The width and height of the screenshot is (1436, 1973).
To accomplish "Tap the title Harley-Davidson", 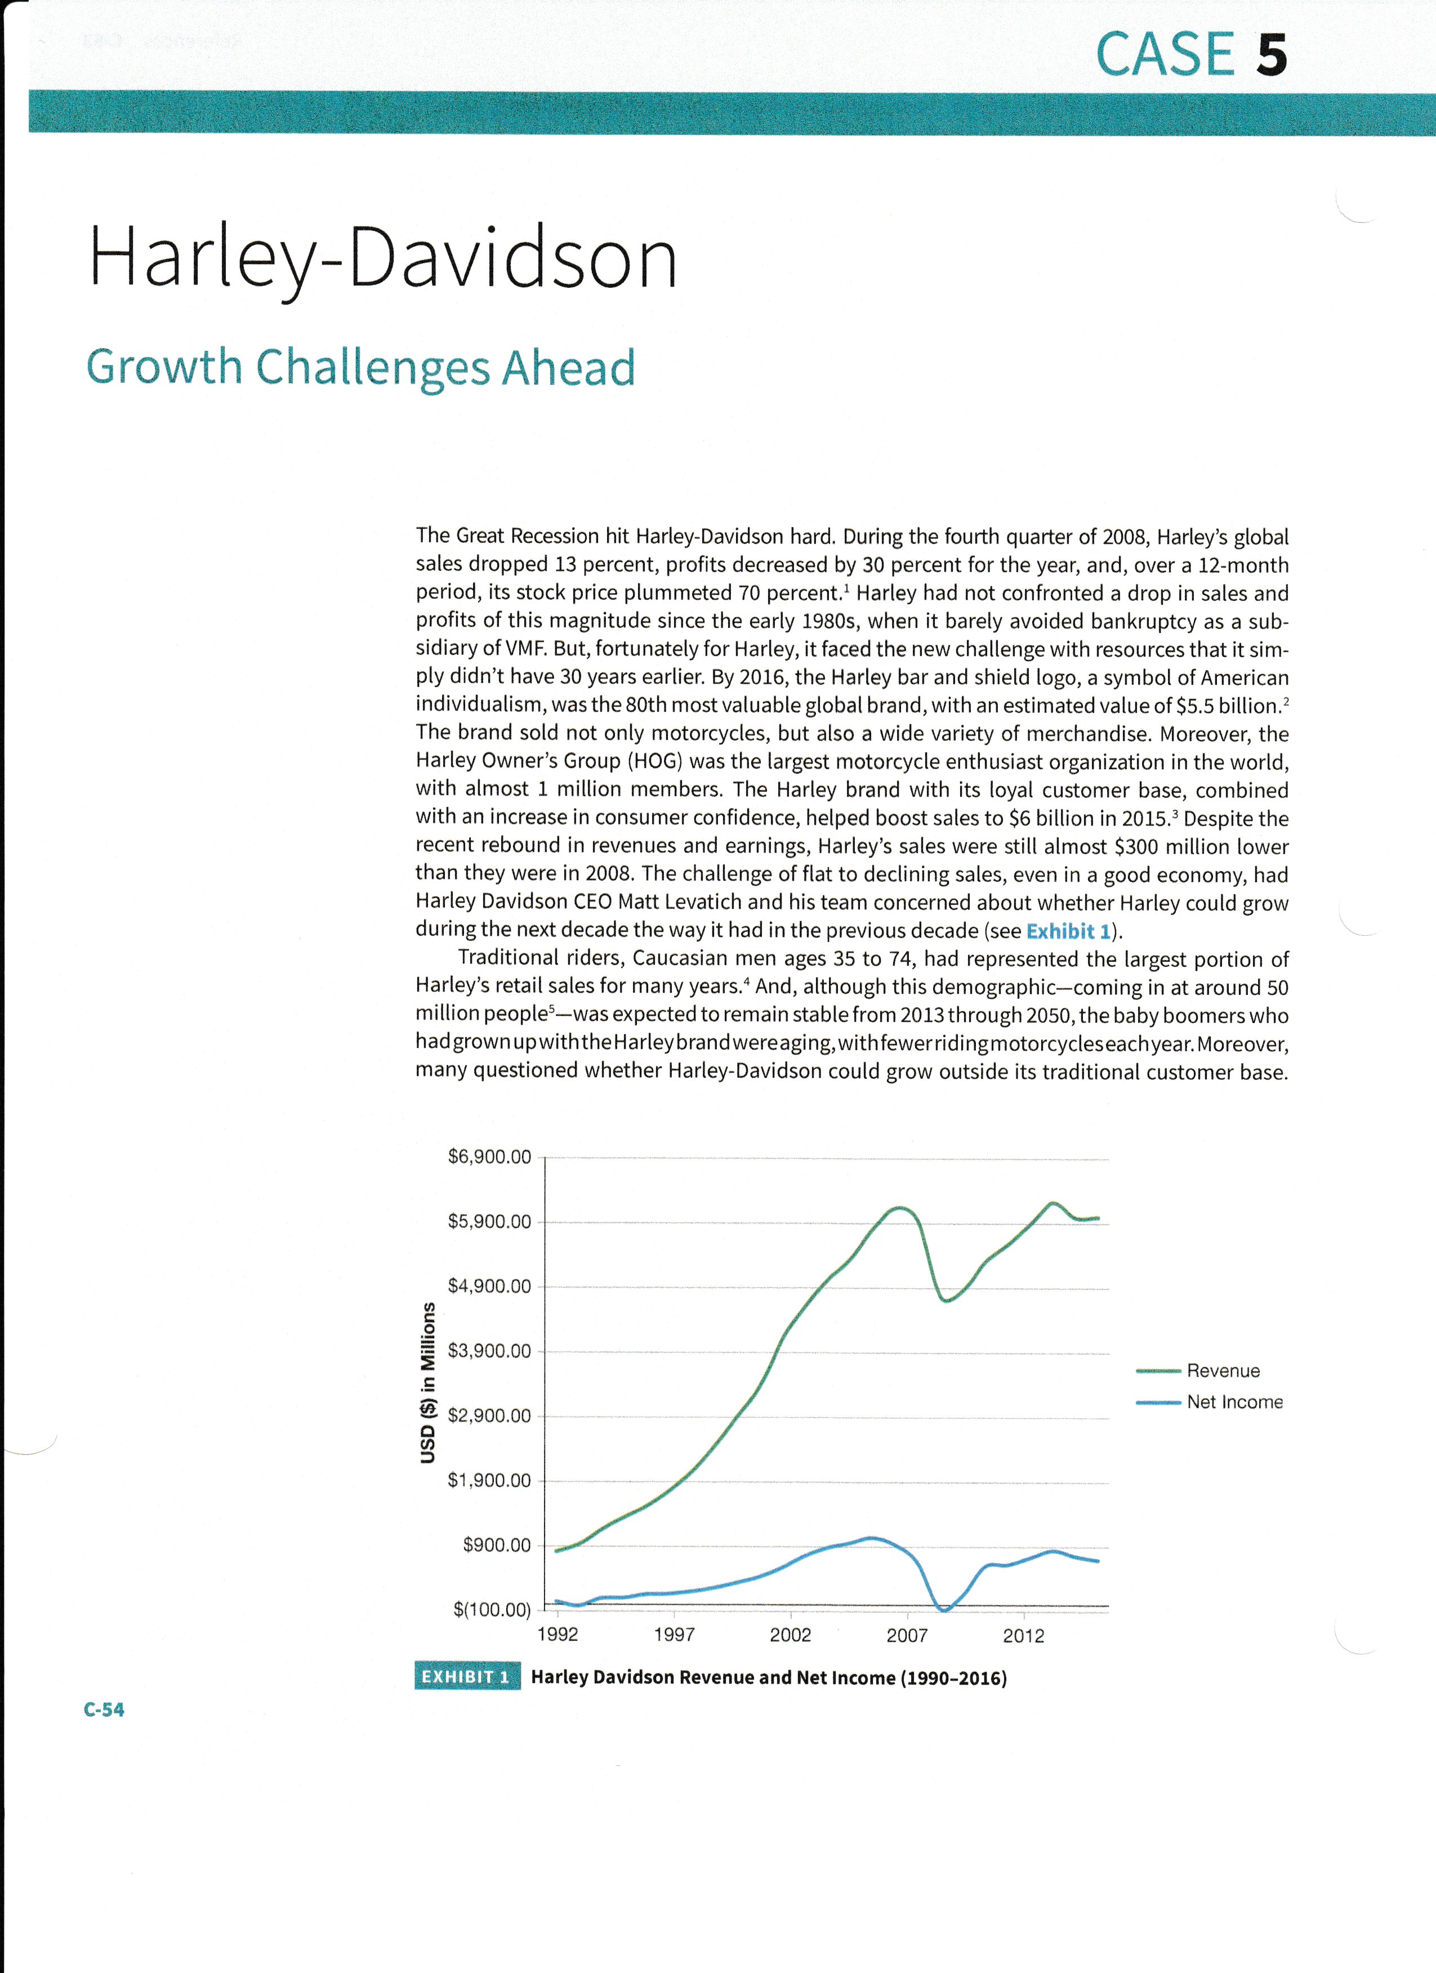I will click(383, 258).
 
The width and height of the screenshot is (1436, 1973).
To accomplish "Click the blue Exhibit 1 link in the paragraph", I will click(1068, 932).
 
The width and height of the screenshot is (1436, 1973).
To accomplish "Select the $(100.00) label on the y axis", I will click(492, 1609).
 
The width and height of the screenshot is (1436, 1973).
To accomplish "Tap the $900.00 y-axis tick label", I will click(496, 1545).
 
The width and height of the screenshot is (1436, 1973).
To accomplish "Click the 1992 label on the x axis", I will click(558, 1635).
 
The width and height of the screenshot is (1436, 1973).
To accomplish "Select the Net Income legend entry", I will click(1234, 1402).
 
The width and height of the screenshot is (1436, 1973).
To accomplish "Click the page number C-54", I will click(104, 1709).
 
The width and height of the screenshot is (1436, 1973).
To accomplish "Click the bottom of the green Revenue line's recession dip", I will click(946, 1301).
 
